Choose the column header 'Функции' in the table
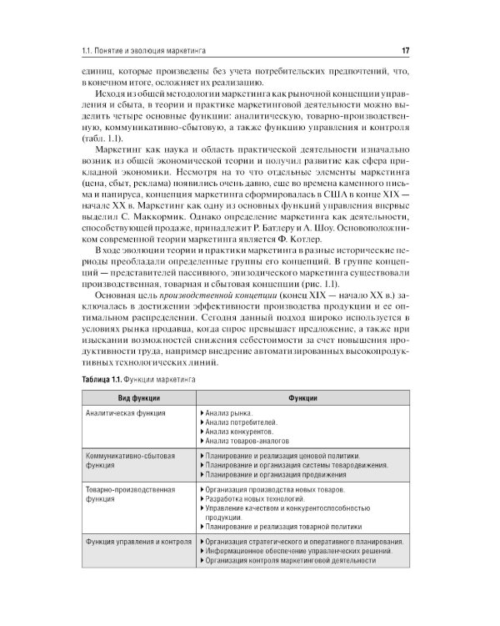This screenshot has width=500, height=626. tap(301, 397)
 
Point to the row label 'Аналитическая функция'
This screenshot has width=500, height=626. tap(125, 413)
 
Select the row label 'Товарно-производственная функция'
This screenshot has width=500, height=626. tap(129, 492)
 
